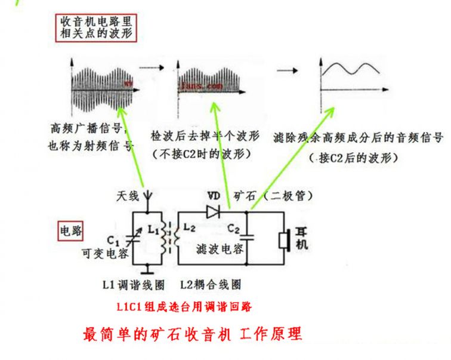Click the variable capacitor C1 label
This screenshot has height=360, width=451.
pyautogui.click(x=118, y=241)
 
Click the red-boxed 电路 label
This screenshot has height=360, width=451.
pyautogui.click(x=70, y=230)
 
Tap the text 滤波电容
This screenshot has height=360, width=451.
pyautogui.click(x=219, y=251)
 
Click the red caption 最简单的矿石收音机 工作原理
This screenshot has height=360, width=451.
pyautogui.click(x=192, y=333)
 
